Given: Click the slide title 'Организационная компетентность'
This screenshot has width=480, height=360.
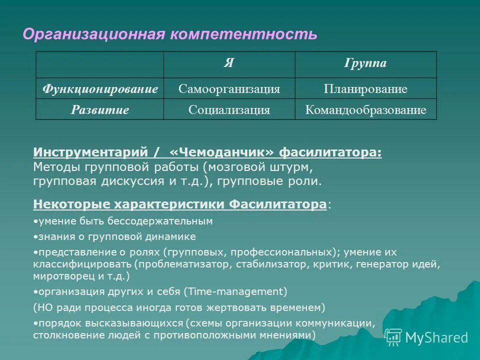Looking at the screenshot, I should [170, 34].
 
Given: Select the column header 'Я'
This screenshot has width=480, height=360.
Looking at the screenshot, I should [229, 63].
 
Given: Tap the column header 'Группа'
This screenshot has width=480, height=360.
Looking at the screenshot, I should [365, 63].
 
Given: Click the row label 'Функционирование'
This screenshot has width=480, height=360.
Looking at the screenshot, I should [100, 89].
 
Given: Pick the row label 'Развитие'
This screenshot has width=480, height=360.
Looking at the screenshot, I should [100, 109].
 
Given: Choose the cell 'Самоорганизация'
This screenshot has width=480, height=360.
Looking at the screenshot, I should [229, 89].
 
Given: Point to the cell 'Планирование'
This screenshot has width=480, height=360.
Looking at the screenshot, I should [365, 89].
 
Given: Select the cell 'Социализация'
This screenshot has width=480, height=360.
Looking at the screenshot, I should [229, 109].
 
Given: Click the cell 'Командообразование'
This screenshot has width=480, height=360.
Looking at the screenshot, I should [365, 109].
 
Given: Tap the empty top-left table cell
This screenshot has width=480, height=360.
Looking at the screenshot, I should [100, 63].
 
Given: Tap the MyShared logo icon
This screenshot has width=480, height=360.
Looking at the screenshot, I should [393, 337].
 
